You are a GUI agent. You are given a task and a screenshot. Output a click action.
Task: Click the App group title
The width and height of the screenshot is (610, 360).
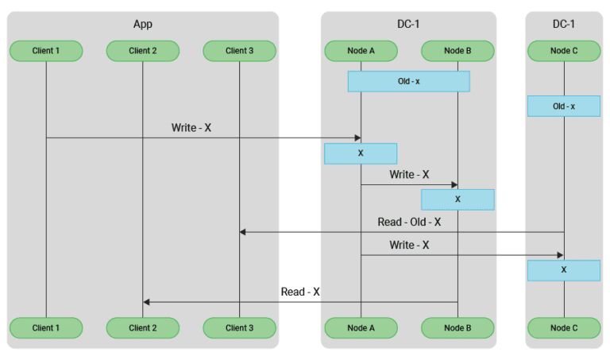(143, 24)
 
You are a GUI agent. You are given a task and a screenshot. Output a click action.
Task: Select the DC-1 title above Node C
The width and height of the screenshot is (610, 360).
(564, 24)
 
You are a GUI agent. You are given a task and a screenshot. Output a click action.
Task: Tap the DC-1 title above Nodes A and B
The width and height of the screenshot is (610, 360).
(408, 24)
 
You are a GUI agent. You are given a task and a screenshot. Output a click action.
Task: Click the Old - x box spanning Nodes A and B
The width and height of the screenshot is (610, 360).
(409, 81)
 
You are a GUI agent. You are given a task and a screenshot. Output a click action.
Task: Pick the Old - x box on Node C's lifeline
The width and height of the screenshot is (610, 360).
(564, 106)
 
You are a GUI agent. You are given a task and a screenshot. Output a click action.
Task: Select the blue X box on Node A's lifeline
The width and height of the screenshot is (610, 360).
(361, 153)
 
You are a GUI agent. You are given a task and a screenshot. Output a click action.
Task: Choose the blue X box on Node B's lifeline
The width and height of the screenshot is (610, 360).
(457, 199)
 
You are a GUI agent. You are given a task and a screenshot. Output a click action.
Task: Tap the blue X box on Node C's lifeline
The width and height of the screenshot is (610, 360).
(564, 269)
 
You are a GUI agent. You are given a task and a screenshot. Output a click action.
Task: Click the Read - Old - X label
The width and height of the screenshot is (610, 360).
(409, 222)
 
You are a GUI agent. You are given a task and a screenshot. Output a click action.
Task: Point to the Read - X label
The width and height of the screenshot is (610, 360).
(300, 292)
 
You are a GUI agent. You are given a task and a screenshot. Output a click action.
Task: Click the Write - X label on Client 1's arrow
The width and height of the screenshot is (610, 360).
(191, 128)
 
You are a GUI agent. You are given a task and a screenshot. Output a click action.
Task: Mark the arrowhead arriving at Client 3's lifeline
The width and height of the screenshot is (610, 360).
(242, 232)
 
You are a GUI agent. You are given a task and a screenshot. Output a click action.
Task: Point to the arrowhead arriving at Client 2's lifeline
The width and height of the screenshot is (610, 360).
(146, 302)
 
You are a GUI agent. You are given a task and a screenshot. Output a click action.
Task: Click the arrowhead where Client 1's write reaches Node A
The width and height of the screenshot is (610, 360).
(358, 137)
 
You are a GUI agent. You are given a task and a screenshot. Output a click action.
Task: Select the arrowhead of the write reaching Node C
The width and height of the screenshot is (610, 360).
(561, 255)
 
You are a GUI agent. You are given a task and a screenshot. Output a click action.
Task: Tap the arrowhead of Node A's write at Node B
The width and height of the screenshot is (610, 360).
(454, 185)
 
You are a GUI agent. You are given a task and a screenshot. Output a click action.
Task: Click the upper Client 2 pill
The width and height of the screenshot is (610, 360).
(143, 51)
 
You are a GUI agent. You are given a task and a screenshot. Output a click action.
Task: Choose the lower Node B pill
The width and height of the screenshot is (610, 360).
(457, 327)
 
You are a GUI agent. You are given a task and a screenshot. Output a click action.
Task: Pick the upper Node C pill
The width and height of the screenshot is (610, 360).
(564, 51)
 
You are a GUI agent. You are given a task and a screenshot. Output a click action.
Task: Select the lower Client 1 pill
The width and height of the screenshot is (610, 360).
(46, 327)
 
